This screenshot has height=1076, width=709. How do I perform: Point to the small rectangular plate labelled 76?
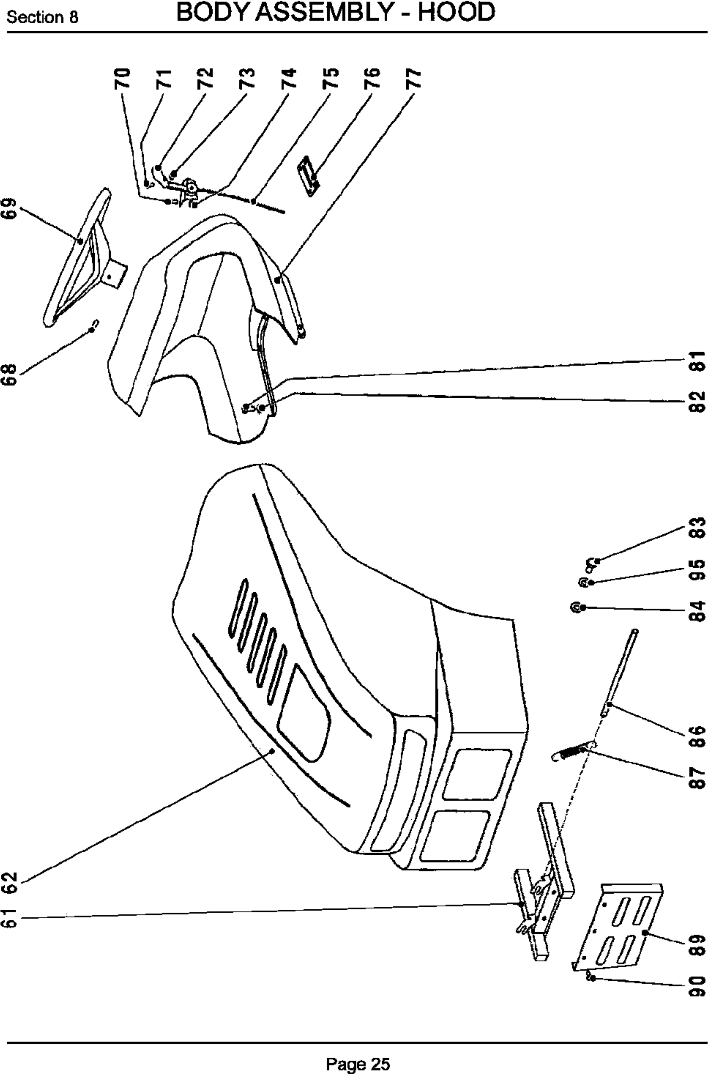309,176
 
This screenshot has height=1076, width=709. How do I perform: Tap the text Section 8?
43,17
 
